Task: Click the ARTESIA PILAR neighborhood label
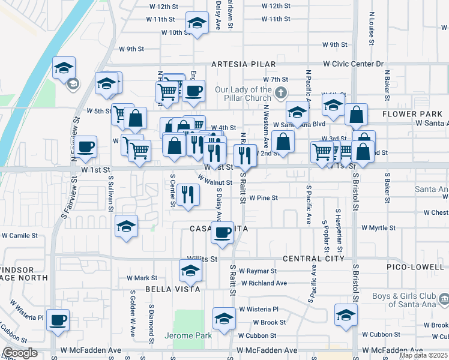click(x=243, y=64)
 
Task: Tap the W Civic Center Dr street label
click(x=355, y=64)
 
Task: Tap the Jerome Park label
click(x=192, y=336)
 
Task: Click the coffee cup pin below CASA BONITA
click(x=223, y=233)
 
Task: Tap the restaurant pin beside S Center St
click(x=188, y=194)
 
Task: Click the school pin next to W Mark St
click(x=190, y=272)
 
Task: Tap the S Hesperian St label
click(x=339, y=230)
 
